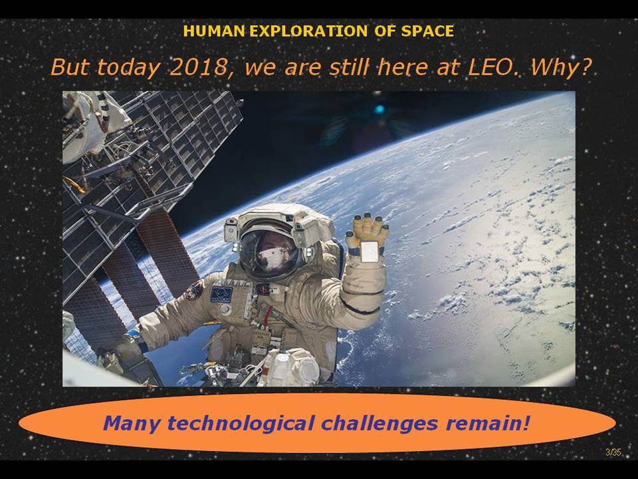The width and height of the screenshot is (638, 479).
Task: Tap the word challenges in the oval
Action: pos(380,424)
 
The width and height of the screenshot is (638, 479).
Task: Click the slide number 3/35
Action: pos(613,452)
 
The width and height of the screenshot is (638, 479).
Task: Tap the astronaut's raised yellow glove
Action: pos(367,236)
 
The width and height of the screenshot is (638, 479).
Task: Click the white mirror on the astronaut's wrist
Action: pos(370,251)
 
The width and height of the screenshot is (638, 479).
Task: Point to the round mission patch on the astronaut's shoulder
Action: pos(195,291)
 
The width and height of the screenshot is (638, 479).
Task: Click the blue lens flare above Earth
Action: pos(379,109)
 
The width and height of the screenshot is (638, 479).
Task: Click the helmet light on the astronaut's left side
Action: pos(231,231)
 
